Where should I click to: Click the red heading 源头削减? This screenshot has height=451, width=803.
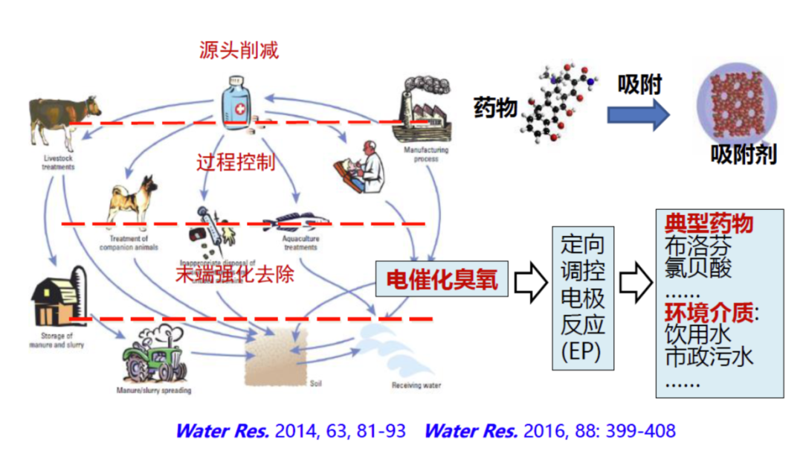click(239, 50)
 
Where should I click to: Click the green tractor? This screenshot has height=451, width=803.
click(152, 361)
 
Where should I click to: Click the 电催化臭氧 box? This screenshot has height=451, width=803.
click(442, 280)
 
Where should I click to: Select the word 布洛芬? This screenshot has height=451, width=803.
click(697, 246)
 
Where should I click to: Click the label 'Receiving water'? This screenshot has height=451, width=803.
click(416, 386)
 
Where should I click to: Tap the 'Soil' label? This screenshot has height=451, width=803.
click(315, 385)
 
